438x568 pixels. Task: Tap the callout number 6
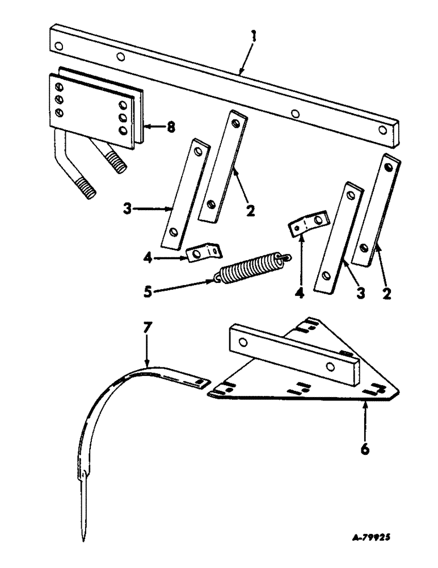point(365,449)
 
